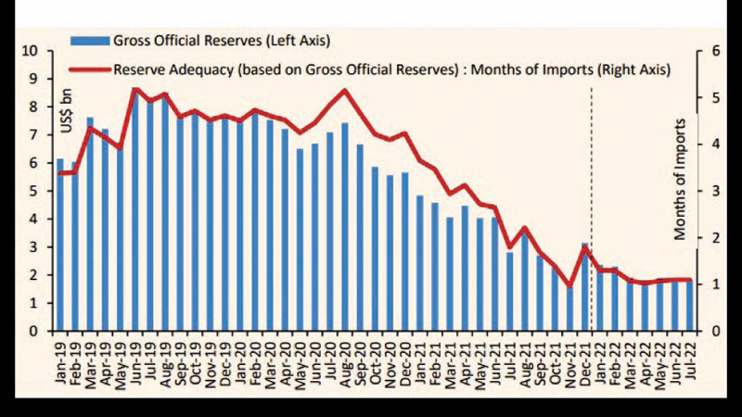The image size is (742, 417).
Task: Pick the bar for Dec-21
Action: (x=584, y=286)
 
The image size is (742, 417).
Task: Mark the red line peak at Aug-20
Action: (x=345, y=90)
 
